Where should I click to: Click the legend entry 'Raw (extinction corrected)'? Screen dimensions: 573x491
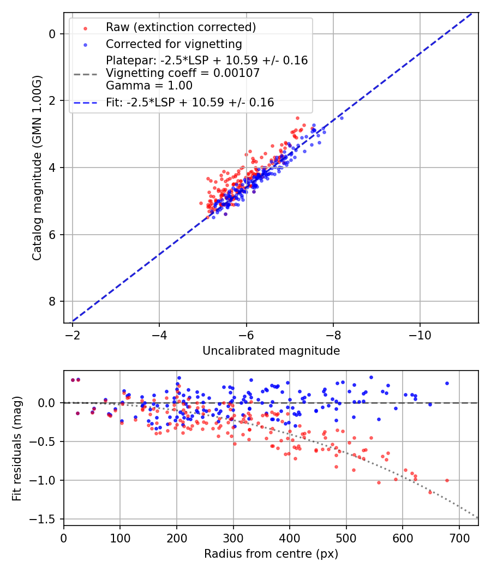[181, 27]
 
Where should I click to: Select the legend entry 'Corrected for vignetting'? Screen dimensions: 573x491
[173, 44]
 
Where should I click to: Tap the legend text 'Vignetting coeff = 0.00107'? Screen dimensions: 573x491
[183, 73]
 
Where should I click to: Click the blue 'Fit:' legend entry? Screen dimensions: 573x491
[190, 102]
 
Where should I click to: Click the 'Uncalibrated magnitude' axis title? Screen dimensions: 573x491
[271, 351]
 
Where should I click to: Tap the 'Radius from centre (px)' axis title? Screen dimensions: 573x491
[271, 554]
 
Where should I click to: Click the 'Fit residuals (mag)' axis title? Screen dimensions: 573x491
[17, 448]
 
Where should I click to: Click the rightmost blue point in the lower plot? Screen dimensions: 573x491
[447, 383]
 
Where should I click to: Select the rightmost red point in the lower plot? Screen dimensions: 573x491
[447, 480]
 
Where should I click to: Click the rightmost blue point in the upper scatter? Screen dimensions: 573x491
[342, 118]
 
